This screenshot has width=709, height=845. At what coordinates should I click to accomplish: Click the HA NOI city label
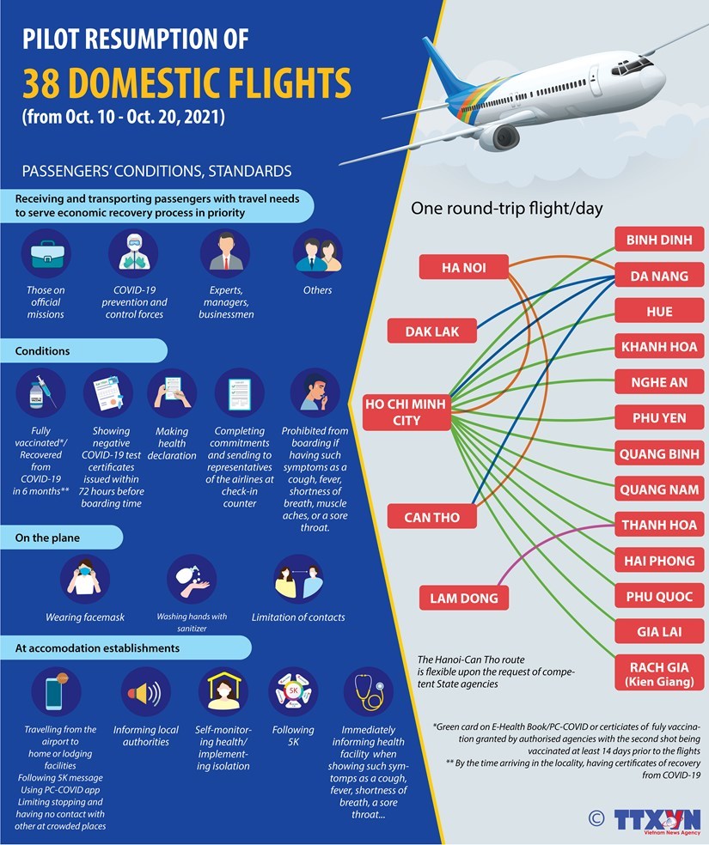coord(464,267)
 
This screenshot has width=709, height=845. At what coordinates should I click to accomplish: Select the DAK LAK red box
coord(433,331)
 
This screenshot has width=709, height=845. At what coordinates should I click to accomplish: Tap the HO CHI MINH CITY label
coord(406,411)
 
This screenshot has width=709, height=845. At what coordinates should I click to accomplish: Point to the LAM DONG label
coord(464,598)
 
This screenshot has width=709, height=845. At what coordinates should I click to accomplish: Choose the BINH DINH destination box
coord(659,240)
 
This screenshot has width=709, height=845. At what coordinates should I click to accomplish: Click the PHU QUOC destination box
coord(659,596)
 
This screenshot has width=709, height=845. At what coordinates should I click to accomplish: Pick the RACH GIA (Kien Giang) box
coord(659,673)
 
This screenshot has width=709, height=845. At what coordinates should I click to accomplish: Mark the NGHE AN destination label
coord(659,382)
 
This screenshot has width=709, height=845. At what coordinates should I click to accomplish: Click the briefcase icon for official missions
coord(46,254)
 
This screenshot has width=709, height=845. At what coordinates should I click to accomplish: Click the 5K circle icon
coord(294,692)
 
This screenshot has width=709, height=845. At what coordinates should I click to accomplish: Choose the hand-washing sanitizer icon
coord(192,580)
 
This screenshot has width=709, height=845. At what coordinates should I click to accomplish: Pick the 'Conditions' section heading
coord(43,350)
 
